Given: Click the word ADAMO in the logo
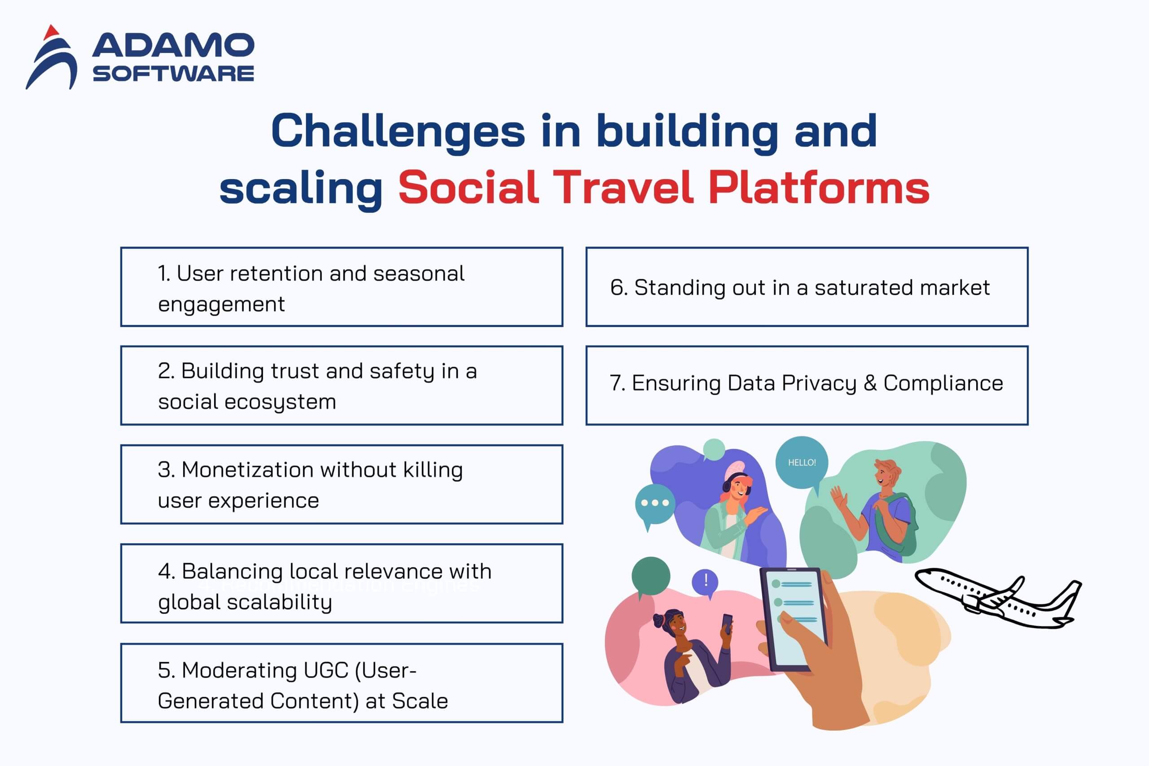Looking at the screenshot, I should click(x=173, y=45).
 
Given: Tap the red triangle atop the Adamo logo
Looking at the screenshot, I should click(x=51, y=33).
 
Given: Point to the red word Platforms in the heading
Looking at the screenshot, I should click(x=818, y=188).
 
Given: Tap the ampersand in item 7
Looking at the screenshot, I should click(x=870, y=383).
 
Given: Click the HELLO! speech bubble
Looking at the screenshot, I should click(x=801, y=462).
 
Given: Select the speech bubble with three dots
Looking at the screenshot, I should click(x=655, y=503).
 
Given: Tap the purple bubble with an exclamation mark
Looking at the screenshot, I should click(x=706, y=581).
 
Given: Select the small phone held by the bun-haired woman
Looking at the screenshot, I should click(x=727, y=623).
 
